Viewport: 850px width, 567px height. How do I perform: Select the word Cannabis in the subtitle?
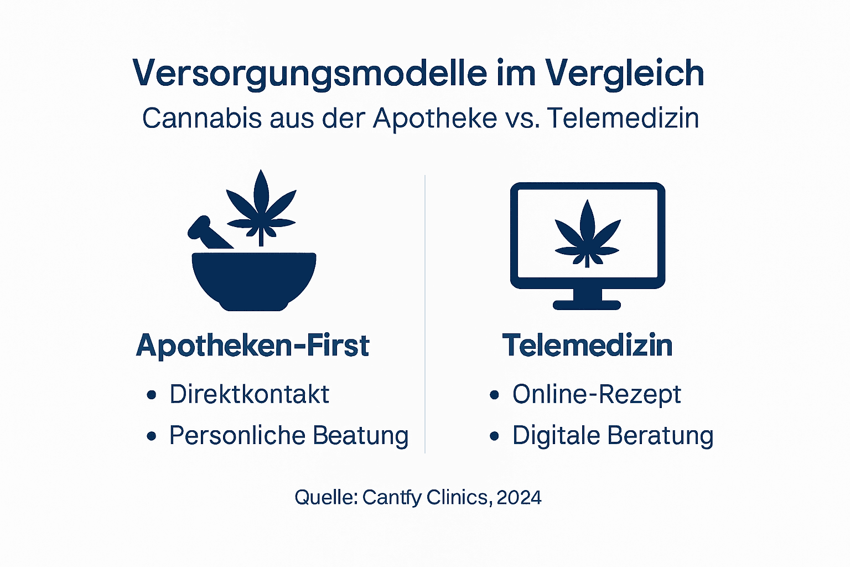201,118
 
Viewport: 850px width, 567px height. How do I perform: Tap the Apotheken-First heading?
252,346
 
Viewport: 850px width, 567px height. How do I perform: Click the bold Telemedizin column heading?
587,346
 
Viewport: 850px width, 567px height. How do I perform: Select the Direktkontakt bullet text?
249,394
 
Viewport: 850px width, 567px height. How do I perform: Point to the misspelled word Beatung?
360,436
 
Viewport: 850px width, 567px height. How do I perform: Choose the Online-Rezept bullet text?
597,394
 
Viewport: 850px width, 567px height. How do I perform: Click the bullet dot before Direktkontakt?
152,395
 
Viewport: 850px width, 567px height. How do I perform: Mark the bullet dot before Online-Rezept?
494,395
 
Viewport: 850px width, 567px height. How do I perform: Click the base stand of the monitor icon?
587,304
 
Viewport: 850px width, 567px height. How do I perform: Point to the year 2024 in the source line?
519,497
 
